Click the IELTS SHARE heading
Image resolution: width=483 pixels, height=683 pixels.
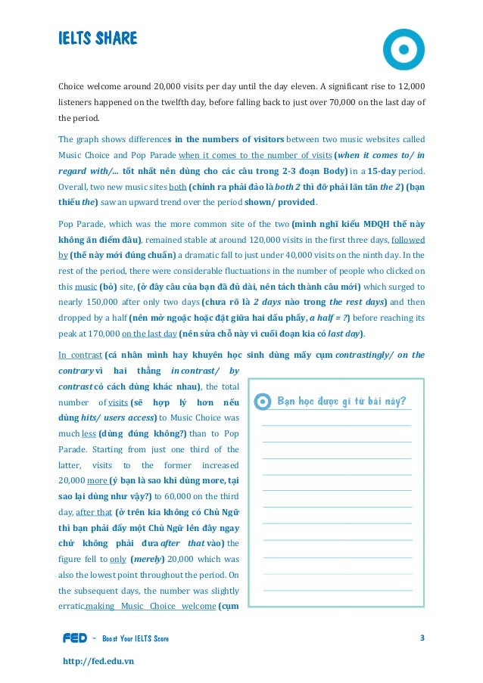tap(98, 39)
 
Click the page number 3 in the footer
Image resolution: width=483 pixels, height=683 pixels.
tap(422, 638)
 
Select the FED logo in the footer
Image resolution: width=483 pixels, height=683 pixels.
tap(74, 639)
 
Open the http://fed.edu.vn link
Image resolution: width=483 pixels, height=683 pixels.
tap(98, 660)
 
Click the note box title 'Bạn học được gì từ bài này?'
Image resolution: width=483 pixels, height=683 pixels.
tap(341, 401)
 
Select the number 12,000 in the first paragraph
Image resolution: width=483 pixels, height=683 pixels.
tap(409, 86)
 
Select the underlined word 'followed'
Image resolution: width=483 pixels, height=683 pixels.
tap(408, 239)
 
